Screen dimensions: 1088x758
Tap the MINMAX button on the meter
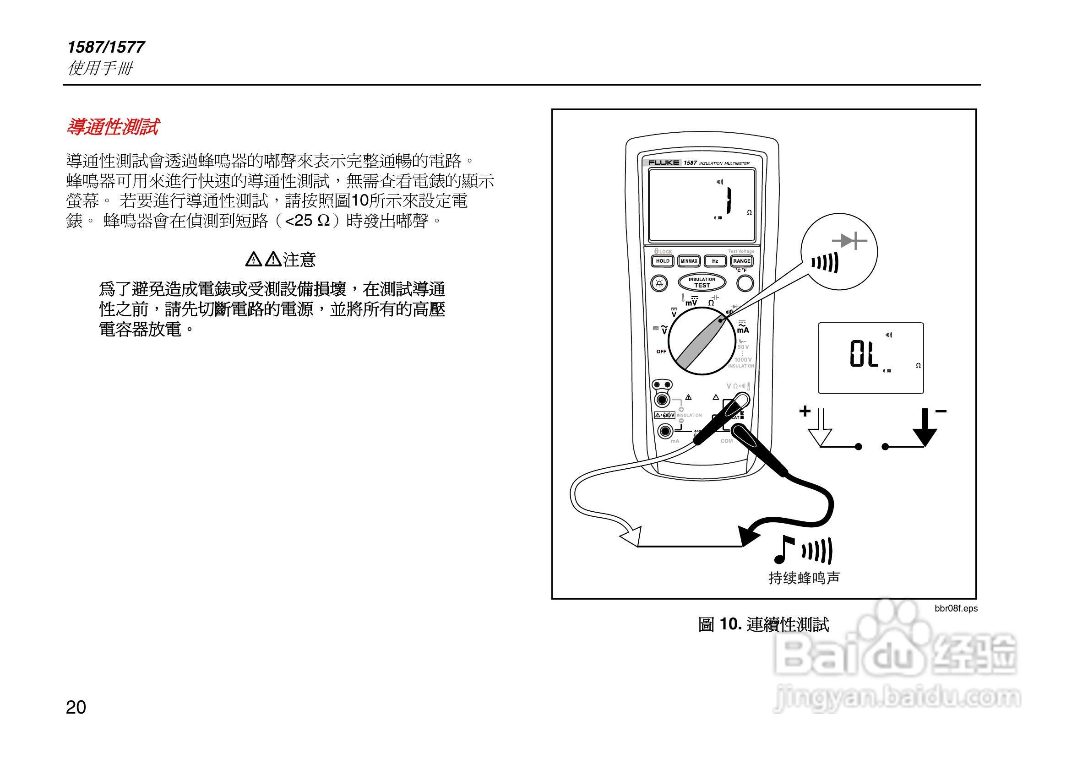(x=689, y=261)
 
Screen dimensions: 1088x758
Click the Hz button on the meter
(x=715, y=261)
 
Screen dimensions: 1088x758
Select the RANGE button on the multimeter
(x=742, y=261)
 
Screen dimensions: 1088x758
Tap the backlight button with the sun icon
(x=659, y=284)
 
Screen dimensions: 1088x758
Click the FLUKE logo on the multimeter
(x=664, y=163)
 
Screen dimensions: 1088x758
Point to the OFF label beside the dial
(x=661, y=352)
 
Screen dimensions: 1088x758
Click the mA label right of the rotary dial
(x=743, y=330)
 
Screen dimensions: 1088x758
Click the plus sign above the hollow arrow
(x=805, y=411)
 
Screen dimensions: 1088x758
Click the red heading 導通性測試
(x=113, y=127)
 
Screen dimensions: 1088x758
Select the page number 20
(x=76, y=707)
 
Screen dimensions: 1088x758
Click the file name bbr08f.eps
(x=956, y=608)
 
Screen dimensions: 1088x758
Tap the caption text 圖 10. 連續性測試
(x=763, y=624)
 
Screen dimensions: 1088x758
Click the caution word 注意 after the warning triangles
(x=299, y=260)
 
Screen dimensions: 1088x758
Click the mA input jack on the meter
(x=665, y=431)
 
